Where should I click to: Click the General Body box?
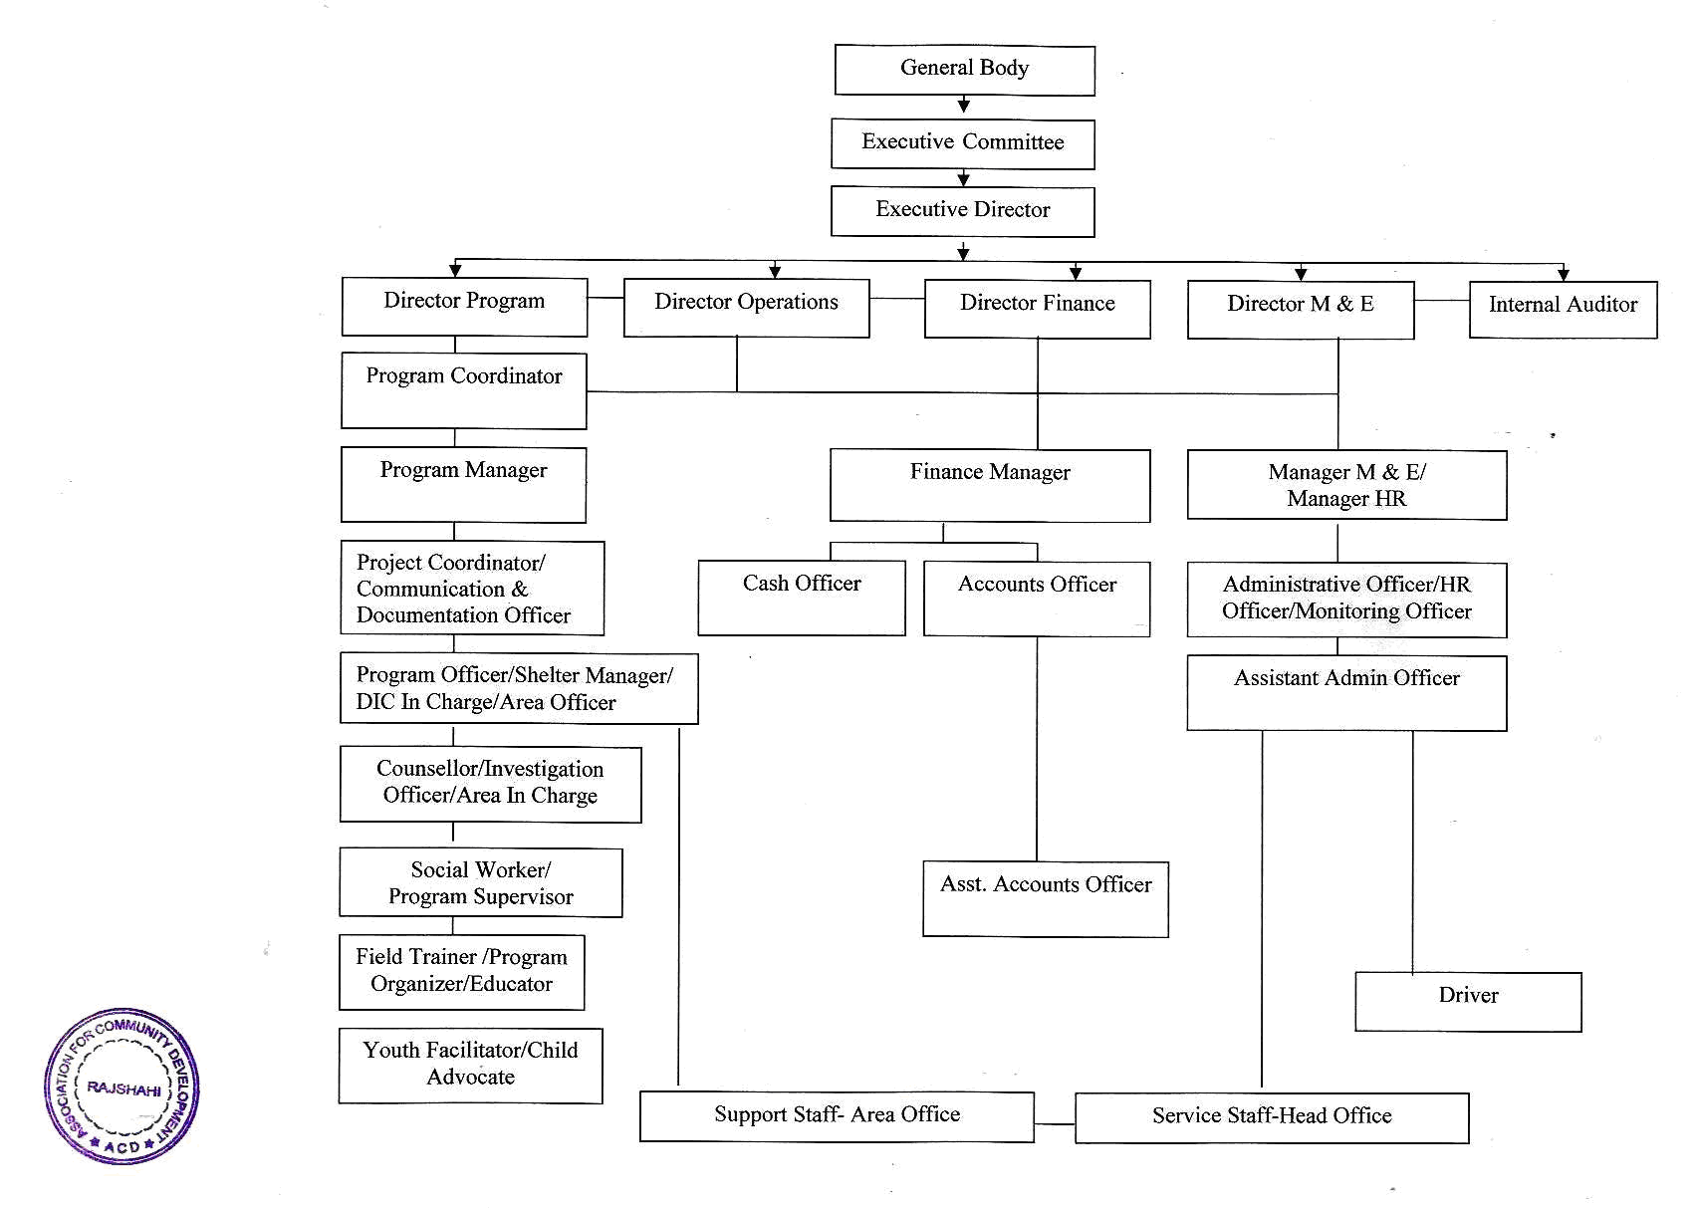pyautogui.click(x=964, y=71)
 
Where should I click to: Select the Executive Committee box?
pyautogui.click(x=963, y=143)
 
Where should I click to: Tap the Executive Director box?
pyautogui.click(x=963, y=212)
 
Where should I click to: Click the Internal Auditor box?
pyautogui.click(x=1563, y=310)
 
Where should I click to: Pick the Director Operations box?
pyautogui.click(x=746, y=308)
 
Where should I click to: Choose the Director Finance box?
pyautogui.click(x=1037, y=309)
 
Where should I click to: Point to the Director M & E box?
pyautogui.click(x=1301, y=310)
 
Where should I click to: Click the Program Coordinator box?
pyautogui.click(x=464, y=390)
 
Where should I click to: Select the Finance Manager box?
pyautogui.click(x=990, y=485)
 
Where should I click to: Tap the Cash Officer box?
pyautogui.click(x=802, y=598)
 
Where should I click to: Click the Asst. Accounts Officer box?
pyautogui.click(x=1046, y=899)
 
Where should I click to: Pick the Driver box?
pyautogui.click(x=1468, y=1002)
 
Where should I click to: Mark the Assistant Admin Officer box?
pyautogui.click(x=1347, y=693)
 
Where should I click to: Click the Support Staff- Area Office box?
pyautogui.click(x=838, y=1116)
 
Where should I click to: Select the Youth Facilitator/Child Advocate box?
pyautogui.click(x=470, y=1066)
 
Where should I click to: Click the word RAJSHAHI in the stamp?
pyautogui.click(x=124, y=1088)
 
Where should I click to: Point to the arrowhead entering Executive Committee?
pyautogui.click(x=964, y=106)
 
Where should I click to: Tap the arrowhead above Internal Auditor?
pyautogui.click(x=1564, y=274)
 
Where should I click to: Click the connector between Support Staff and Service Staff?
pyautogui.click(x=1055, y=1123)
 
